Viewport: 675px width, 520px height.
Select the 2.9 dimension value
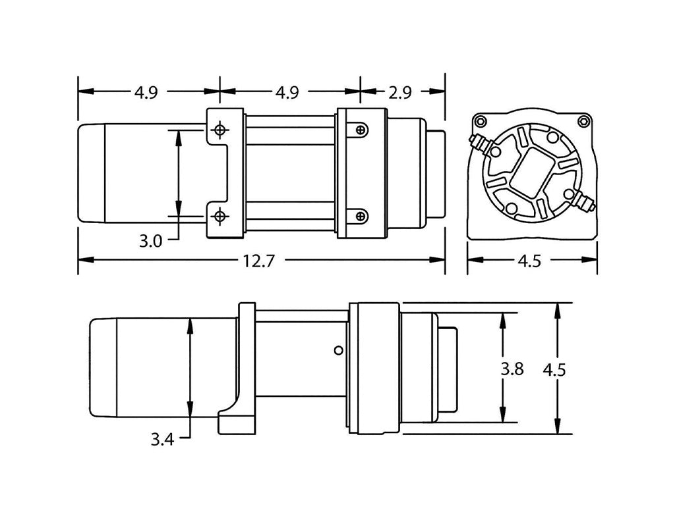click(399, 93)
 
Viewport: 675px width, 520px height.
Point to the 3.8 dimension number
click(512, 369)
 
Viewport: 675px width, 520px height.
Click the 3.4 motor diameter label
click(161, 439)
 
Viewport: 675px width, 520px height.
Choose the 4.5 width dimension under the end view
click(529, 261)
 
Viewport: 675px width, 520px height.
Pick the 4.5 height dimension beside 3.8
click(554, 369)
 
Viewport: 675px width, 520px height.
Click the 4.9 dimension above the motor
click(146, 93)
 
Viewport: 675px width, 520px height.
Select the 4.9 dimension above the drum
click(287, 93)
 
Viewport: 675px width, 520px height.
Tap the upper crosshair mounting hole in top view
click(219, 130)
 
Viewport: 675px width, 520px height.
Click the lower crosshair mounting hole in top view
click(219, 215)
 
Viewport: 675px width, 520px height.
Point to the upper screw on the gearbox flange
click(360, 130)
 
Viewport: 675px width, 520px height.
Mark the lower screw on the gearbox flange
click(360, 215)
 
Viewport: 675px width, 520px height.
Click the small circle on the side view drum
click(338, 351)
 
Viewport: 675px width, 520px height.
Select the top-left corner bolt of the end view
click(481, 121)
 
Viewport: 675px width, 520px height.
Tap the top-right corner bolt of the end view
click(583, 120)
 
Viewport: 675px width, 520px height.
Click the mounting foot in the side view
click(235, 418)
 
